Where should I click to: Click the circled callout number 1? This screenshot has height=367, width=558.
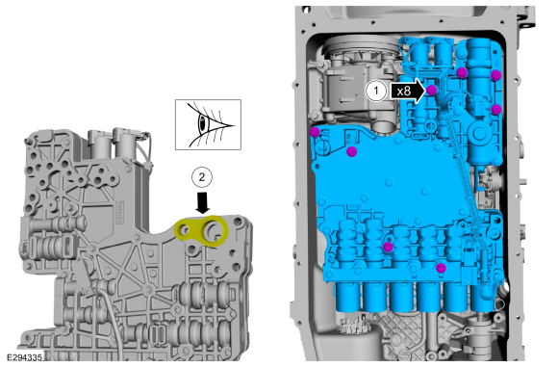tap(376, 91)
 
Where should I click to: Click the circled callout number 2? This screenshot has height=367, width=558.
tap(202, 177)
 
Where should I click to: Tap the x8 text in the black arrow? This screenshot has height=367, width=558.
tap(403, 92)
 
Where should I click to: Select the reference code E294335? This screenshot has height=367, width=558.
tap(25, 357)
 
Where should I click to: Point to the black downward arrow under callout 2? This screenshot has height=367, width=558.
tap(203, 202)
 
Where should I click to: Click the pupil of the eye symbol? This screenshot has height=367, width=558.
tap(202, 123)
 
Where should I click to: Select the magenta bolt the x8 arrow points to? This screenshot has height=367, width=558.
tap(431, 90)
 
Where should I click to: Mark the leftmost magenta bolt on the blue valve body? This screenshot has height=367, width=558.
tap(315, 132)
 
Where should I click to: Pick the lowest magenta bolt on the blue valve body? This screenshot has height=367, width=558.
tap(442, 268)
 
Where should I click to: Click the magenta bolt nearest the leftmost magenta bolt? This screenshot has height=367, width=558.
tap(352, 152)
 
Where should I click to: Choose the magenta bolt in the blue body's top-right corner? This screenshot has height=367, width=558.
tap(495, 75)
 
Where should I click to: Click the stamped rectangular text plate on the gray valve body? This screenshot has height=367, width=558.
tap(120, 213)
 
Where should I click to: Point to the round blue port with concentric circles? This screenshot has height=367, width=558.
tap(479, 134)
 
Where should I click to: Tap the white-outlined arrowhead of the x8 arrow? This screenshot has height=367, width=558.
tap(419, 92)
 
